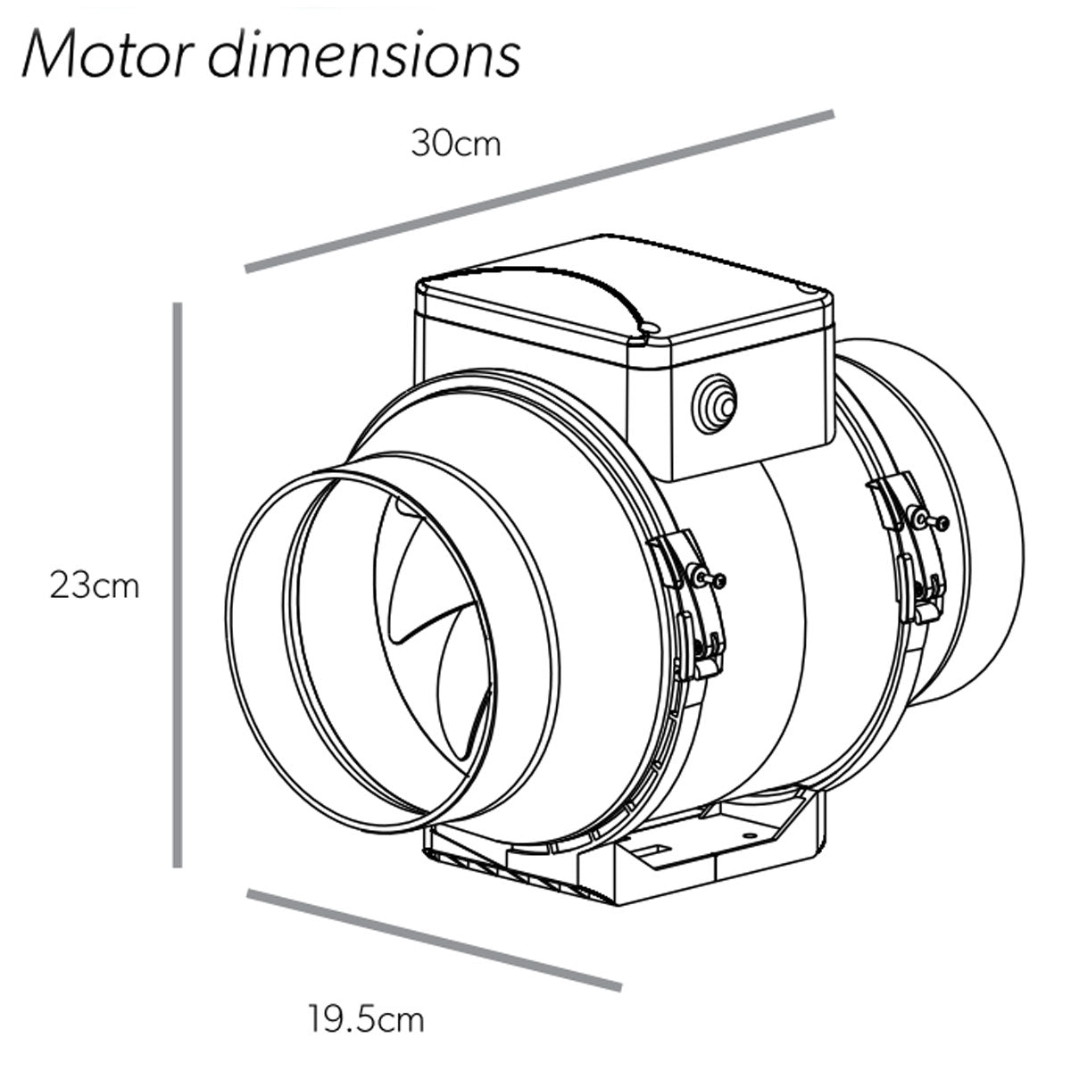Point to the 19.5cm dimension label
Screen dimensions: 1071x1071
(367, 1017)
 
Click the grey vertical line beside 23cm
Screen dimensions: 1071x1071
(178, 585)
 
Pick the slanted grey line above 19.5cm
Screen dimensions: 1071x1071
(435, 939)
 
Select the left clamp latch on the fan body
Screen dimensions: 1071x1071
(692, 607)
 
